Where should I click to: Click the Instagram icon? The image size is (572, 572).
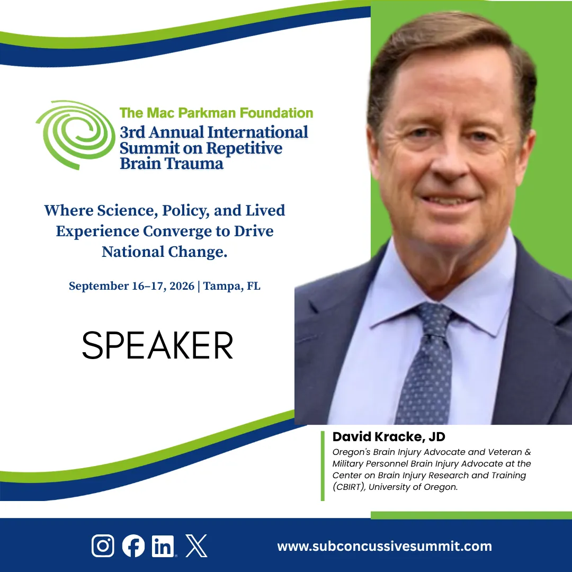pyautogui.click(x=103, y=546)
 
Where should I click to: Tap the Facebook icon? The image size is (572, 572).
pyautogui.click(x=133, y=546)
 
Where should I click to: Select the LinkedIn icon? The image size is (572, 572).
pyautogui.click(x=163, y=546)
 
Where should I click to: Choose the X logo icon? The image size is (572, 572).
pyautogui.click(x=196, y=546)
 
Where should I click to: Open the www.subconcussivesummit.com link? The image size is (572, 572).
pyautogui.click(x=385, y=546)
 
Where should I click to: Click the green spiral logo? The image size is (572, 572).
pyautogui.click(x=76, y=135)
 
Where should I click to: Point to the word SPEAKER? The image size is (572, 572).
pyautogui.click(x=158, y=345)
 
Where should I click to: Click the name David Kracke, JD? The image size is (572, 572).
pyautogui.click(x=389, y=436)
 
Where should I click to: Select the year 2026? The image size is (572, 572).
pyautogui.click(x=182, y=286)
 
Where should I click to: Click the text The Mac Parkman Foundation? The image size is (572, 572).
pyautogui.click(x=216, y=113)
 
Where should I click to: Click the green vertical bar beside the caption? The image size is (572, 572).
pyautogui.click(x=323, y=466)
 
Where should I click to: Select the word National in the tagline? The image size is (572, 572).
pyautogui.click(x=133, y=252)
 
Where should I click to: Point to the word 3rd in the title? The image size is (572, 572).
pyautogui.click(x=132, y=132)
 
